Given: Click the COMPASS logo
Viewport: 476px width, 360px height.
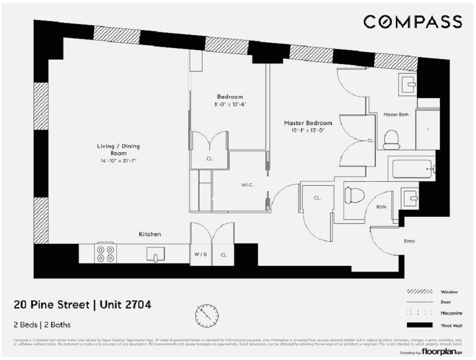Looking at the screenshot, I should (412, 22).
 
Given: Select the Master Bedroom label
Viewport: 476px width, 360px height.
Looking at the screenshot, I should (308, 123).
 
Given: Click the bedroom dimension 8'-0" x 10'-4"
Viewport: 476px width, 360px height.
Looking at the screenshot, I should (230, 105).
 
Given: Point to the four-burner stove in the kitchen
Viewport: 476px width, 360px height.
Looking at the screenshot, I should (106, 254).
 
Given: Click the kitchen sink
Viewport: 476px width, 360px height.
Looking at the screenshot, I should (156, 254).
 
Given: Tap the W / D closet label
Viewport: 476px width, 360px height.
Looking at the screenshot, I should (200, 255).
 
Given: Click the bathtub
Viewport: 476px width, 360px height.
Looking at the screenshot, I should (411, 169).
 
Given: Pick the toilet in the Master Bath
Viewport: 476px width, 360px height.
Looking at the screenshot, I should (391, 139).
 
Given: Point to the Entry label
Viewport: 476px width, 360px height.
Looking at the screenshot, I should (409, 241).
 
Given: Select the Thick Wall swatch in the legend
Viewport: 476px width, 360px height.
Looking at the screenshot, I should (419, 325).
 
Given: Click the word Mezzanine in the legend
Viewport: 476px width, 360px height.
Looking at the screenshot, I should (451, 314).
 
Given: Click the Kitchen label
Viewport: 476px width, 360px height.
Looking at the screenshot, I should (150, 234).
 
